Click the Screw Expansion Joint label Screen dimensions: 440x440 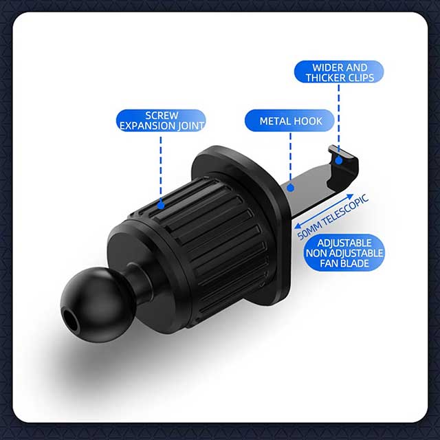(162, 120)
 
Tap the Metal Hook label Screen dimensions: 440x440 (291, 121)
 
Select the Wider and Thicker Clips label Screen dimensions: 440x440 (339, 72)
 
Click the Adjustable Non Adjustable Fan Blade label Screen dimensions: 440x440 (344, 252)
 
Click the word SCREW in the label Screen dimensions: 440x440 (162, 115)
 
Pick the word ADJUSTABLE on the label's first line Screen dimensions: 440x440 (344, 243)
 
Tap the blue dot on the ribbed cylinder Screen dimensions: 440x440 (161, 204)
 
